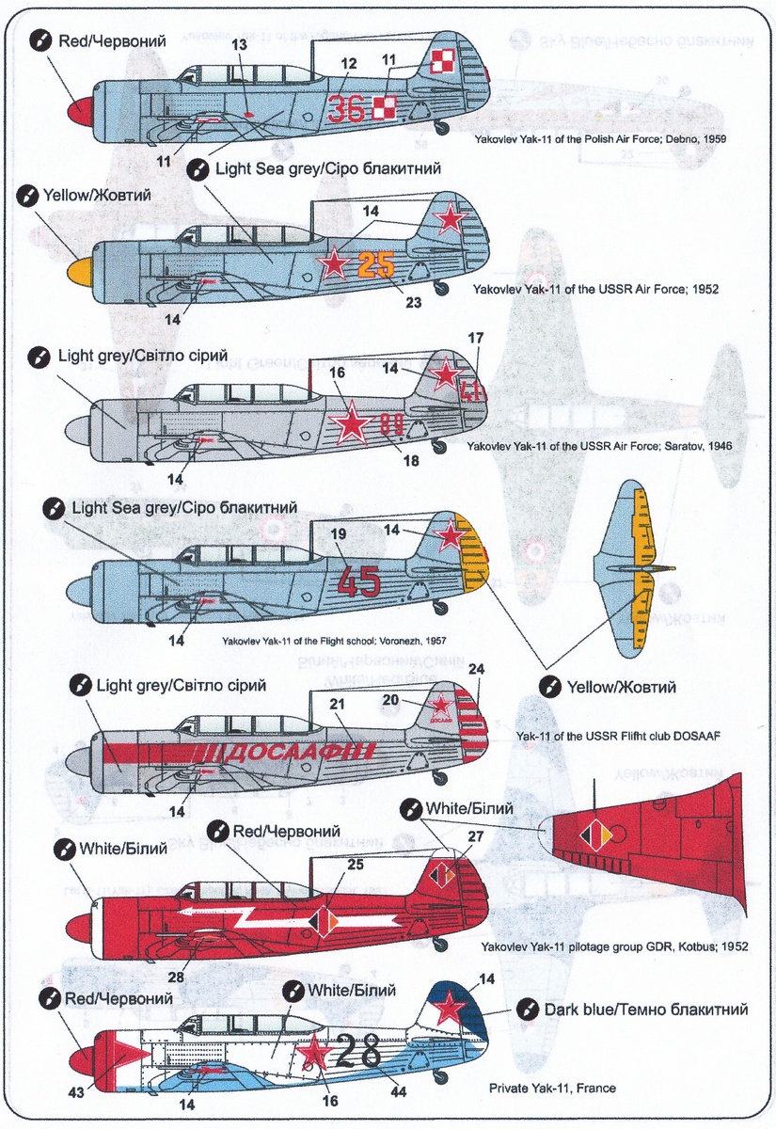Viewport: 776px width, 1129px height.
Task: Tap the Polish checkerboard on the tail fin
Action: pos(442,62)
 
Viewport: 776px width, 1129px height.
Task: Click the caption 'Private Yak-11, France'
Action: pos(552,1089)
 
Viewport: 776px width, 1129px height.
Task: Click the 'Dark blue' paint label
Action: pos(645,1010)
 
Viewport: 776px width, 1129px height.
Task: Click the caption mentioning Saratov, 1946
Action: pos(598,446)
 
